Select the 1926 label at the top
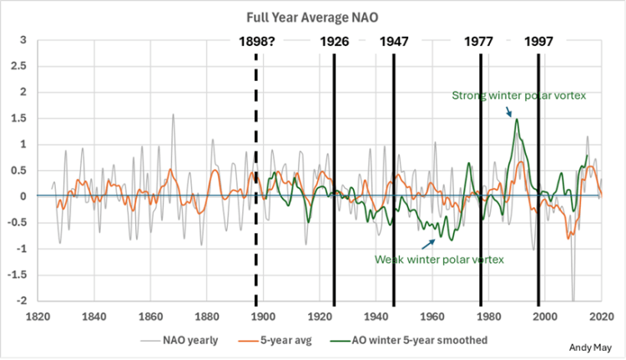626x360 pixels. click(334, 41)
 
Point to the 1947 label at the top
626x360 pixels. click(393, 41)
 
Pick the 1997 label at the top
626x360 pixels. click(538, 41)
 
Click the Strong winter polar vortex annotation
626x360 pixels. click(519, 96)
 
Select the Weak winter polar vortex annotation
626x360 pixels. click(440, 260)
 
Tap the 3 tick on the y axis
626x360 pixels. click(23, 40)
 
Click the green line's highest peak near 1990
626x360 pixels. click(517, 119)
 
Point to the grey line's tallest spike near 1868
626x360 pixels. click(173, 114)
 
